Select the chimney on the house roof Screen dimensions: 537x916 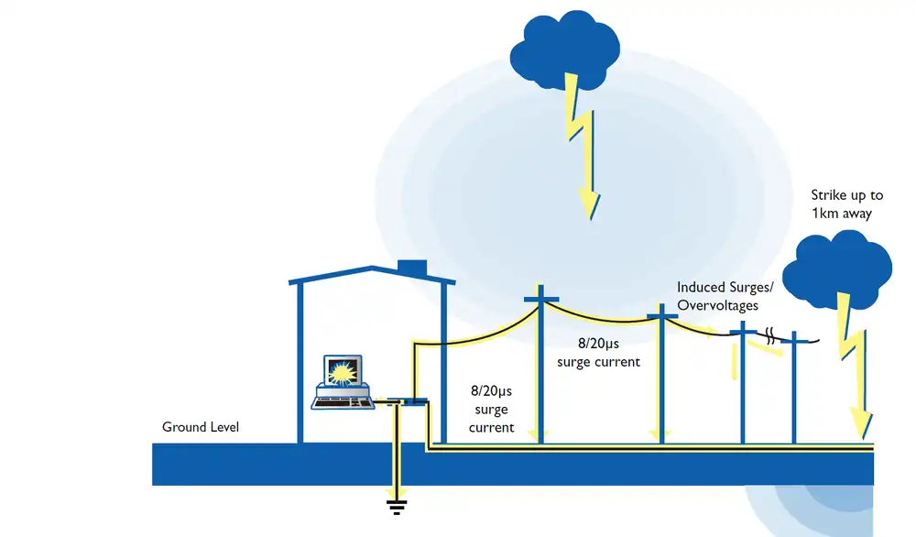[x=412, y=268]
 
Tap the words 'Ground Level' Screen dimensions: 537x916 [x=201, y=427]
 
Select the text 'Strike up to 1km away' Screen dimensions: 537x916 [x=846, y=204]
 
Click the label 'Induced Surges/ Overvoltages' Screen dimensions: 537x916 [x=725, y=296]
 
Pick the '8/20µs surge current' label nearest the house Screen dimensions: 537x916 [x=491, y=410]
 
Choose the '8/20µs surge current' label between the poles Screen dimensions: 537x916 [x=598, y=353]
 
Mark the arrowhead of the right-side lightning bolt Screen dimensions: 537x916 [x=861, y=422]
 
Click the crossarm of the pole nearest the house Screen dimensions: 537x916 [x=540, y=298]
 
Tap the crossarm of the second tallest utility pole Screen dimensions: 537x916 [x=661, y=317]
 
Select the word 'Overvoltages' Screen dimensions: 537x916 [x=717, y=305]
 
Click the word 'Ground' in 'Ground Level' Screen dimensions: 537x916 [x=183, y=427]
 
